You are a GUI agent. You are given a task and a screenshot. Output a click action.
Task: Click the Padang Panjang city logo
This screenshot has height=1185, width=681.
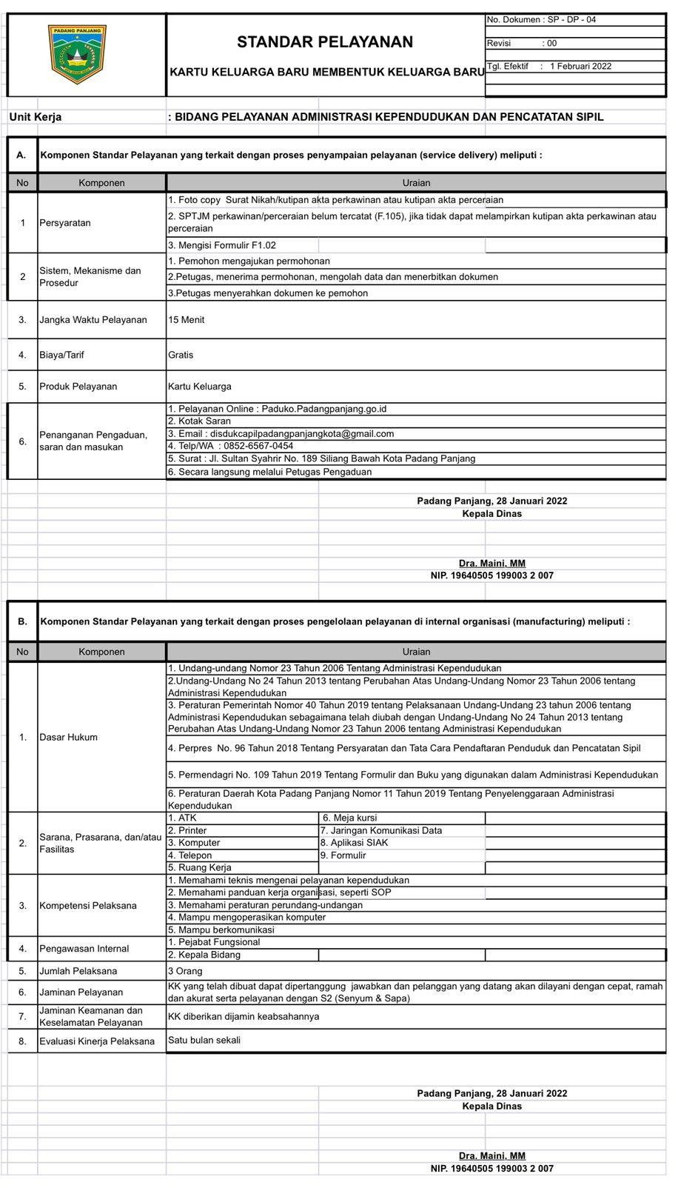77,54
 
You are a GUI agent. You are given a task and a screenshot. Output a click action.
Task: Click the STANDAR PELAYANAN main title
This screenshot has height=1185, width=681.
325,42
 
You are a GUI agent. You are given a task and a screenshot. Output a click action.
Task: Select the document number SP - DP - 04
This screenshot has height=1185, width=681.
541,20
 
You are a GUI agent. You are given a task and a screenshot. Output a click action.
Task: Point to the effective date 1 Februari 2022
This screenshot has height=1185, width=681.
580,67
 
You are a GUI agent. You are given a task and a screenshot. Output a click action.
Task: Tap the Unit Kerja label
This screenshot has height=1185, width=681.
36,117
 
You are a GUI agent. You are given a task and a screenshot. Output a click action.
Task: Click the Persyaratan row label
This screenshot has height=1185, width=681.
65,223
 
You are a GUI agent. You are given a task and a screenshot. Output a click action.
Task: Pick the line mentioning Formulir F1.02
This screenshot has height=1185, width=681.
222,245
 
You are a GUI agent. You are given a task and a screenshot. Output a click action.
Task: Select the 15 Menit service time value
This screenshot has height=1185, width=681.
187,320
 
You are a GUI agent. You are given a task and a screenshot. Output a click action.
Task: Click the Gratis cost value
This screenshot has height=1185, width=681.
181,355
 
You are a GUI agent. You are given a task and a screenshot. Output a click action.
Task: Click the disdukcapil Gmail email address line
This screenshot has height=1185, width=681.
281,434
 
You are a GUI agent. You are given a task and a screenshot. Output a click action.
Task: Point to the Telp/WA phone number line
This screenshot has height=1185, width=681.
231,446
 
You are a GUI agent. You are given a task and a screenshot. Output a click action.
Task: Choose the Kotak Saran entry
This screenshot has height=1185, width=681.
200,421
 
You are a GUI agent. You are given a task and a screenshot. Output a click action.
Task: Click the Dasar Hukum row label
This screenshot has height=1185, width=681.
68,737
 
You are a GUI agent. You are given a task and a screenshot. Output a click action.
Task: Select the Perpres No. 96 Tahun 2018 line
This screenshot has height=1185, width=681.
404,748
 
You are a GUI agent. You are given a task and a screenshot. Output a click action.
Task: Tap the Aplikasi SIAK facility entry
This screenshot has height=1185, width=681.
354,843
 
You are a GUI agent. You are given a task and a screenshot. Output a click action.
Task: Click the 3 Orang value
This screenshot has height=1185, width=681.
185,971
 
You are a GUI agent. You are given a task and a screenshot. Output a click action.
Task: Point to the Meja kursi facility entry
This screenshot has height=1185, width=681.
349,818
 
